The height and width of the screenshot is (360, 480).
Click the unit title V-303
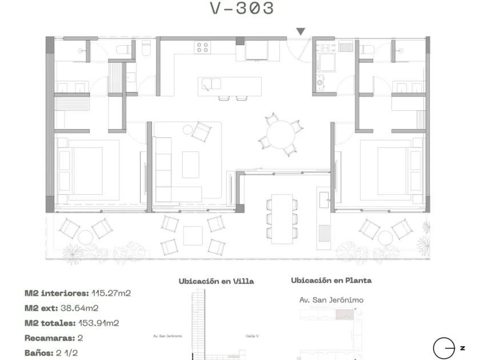pos(242,8)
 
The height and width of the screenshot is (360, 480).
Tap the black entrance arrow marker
pos(301,31)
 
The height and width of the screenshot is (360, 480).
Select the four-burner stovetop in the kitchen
pos(202,47)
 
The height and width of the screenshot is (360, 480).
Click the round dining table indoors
pos(281,134)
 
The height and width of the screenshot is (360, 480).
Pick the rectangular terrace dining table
pos(282,219)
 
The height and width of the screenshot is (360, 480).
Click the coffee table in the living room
pos(191,165)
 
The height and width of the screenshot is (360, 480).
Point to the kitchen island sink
pos(211,84)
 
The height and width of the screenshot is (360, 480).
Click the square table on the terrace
pos(193,235)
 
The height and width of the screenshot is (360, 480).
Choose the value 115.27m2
pos(111,293)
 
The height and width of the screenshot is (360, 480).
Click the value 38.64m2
pos(79,308)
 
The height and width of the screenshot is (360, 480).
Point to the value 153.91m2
pos(98,323)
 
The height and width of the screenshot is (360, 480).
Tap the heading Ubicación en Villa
pos(217,281)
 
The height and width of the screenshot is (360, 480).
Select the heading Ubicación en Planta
pos(331,281)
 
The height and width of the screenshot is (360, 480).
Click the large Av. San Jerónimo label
pos(331,300)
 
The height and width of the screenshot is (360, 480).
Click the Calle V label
pos(252,336)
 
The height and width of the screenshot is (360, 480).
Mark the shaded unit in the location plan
pos(345,315)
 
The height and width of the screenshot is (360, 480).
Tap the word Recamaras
pos(50,338)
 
